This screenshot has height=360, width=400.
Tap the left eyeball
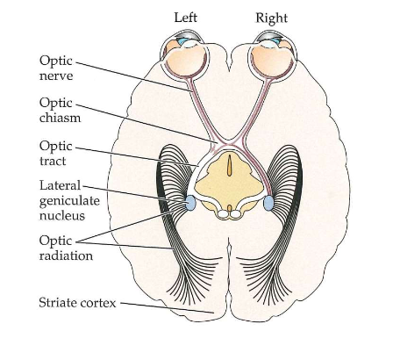[x=186, y=60]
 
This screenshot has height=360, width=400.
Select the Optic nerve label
[x=56, y=68]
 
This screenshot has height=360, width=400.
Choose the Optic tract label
[x=56, y=154]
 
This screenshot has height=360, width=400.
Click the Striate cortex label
[x=78, y=302]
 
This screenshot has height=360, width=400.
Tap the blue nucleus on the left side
[x=187, y=203]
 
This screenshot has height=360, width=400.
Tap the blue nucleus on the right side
[x=269, y=204]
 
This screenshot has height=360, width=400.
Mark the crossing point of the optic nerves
[x=227, y=145]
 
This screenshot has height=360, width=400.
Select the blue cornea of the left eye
[x=182, y=40]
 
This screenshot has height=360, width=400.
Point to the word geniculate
[x=68, y=201]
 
